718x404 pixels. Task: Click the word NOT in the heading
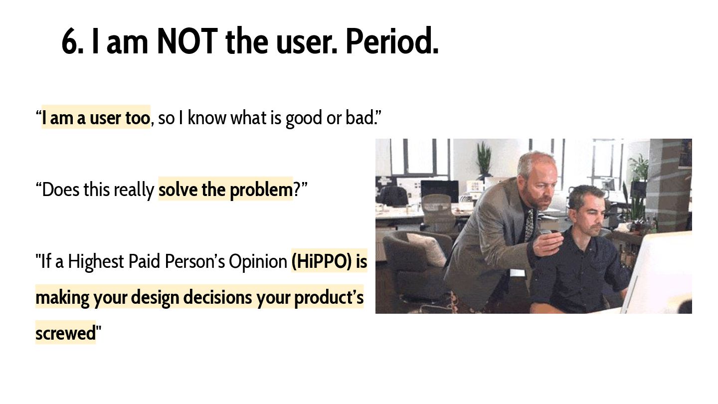(187, 41)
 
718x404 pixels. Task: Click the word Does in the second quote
(60, 189)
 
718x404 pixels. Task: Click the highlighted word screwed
(65, 333)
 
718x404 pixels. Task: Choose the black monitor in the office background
(439, 191)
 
